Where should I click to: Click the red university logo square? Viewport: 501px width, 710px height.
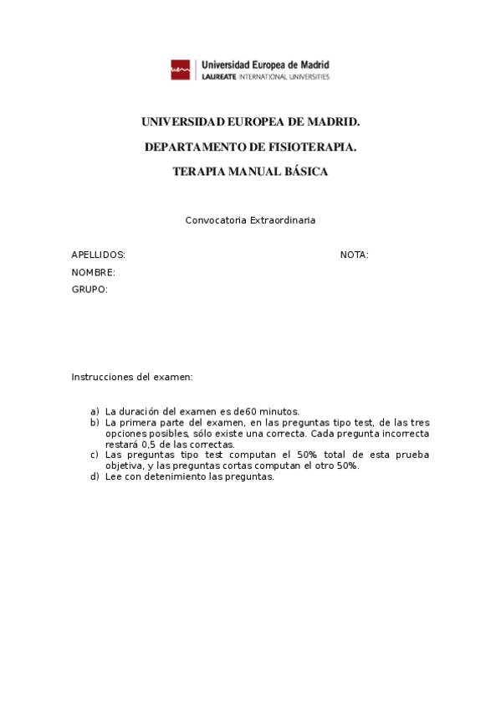pyautogui.click(x=181, y=69)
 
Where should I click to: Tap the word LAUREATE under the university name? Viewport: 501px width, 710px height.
pyautogui.click(x=219, y=77)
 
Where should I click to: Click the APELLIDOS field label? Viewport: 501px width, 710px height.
pyautogui.click(x=98, y=255)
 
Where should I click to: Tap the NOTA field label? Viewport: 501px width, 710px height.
pyautogui.click(x=354, y=255)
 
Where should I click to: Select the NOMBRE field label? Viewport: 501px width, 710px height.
pyautogui.click(x=93, y=272)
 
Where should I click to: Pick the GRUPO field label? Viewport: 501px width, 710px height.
pyautogui.click(x=89, y=290)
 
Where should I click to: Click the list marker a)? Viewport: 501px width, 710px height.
pyautogui.click(x=95, y=412)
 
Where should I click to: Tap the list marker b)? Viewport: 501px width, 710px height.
pyautogui.click(x=95, y=423)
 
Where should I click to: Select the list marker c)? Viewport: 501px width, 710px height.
pyautogui.click(x=95, y=455)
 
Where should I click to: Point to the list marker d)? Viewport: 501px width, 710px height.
pyautogui.click(x=95, y=477)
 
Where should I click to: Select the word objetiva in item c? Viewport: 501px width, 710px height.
pyautogui.click(x=123, y=466)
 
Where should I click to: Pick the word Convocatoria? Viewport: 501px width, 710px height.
pyautogui.click(x=212, y=220)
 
